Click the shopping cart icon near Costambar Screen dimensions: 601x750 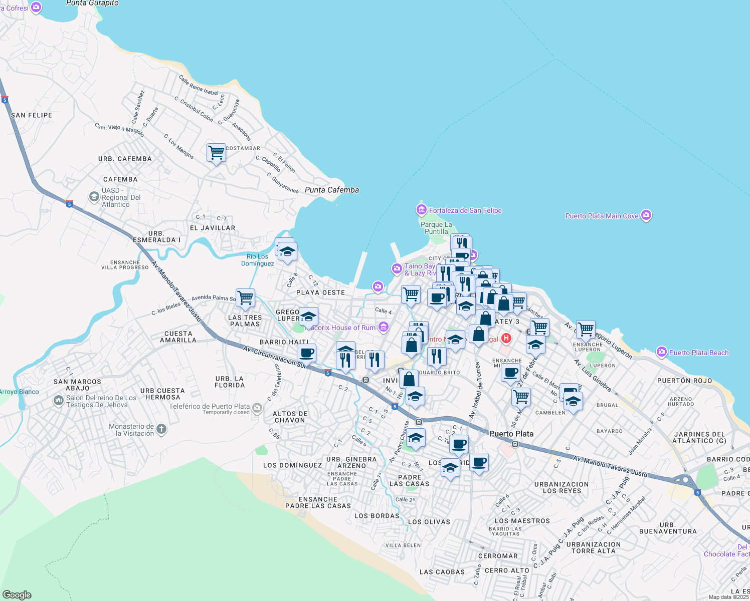coord(216,152)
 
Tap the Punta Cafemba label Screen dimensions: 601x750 coord(332,190)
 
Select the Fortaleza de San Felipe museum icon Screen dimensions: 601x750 coord(422,209)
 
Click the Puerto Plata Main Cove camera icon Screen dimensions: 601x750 coord(646,215)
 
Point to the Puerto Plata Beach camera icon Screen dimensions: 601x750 coord(662,352)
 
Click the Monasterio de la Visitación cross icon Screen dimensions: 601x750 coord(161,429)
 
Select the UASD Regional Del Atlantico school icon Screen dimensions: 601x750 coord(94,197)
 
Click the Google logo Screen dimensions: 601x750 coord(17,594)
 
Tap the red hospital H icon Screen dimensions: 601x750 coord(506,339)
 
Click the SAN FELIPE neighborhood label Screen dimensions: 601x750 coord(32,115)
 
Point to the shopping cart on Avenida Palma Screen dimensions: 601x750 coord(245,297)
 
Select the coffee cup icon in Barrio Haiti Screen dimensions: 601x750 coord(307,353)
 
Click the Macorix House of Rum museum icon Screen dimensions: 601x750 coord(384,327)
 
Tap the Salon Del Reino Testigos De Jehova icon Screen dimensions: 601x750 coord(58,401)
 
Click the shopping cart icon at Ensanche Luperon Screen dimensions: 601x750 coord(586,329)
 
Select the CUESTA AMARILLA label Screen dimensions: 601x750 coord(178,337)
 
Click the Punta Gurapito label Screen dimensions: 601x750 coord(93,4)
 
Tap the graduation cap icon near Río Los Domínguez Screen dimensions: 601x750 coord(287,252)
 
